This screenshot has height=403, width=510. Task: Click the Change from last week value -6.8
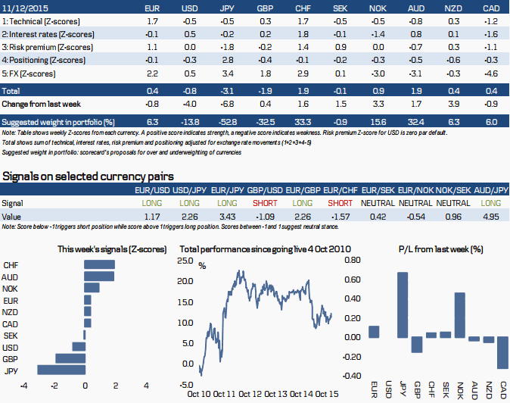(225, 103)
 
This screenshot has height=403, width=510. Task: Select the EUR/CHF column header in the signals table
(340, 189)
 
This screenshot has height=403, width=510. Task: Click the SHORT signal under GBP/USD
(263, 203)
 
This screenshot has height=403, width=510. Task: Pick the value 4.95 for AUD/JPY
(491, 216)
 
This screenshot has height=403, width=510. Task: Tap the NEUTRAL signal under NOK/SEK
(454, 203)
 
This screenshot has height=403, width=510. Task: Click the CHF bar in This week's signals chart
(99, 265)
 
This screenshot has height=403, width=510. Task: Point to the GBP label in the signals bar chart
(11, 358)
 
